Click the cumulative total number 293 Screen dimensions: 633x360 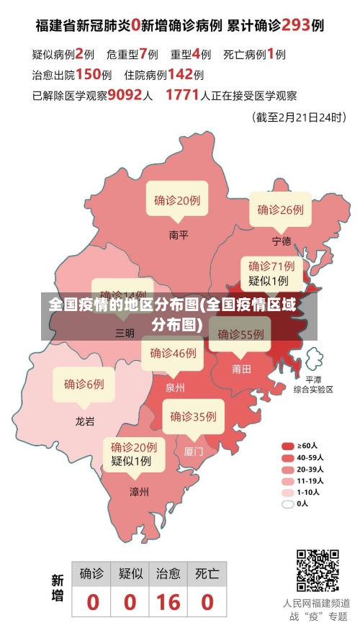point(295,25)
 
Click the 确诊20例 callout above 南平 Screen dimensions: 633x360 point(177,201)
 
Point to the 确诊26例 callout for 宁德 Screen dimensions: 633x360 point(281,210)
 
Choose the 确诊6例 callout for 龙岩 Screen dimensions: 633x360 point(84,384)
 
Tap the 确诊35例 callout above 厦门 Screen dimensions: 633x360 point(193,416)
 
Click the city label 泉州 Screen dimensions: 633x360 point(175,387)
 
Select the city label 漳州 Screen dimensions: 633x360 point(139,492)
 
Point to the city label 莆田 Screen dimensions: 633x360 point(242,369)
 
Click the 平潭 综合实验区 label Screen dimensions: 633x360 point(313,384)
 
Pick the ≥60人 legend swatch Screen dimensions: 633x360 point(288,446)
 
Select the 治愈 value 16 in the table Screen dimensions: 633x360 point(168,601)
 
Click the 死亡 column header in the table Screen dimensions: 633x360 point(207,573)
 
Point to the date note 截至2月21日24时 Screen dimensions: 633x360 point(299,117)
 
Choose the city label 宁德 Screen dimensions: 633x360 point(282,241)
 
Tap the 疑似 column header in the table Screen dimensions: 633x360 point(130,573)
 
